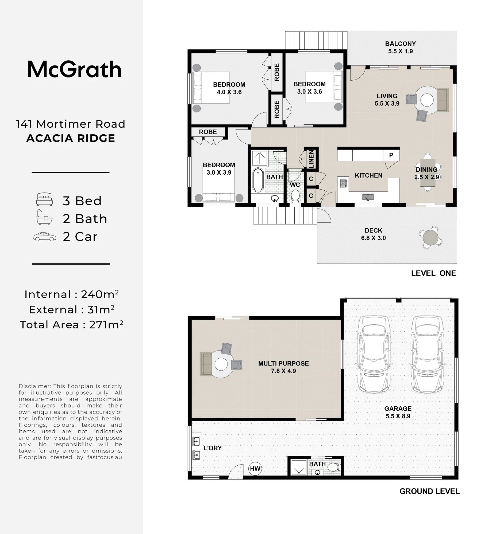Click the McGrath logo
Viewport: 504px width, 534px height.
point(75,70)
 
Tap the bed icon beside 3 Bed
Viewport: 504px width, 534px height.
point(44,199)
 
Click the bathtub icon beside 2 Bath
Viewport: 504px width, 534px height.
point(44,217)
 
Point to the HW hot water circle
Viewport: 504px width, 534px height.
point(255,469)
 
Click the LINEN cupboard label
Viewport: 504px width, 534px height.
point(311,159)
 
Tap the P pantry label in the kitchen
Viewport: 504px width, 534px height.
point(391,155)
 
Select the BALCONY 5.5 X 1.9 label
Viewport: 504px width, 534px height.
point(401,47)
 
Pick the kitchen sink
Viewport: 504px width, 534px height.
point(368,197)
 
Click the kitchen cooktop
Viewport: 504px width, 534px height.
point(343,183)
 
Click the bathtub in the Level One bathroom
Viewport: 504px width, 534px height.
point(258,180)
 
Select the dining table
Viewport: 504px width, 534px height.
point(427,172)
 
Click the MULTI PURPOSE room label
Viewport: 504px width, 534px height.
point(283,367)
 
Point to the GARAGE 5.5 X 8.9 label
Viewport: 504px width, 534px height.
point(398,412)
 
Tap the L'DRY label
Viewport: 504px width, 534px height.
point(213,448)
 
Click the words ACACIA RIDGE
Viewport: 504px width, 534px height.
point(71,138)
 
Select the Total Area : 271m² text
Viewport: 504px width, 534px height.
point(72,324)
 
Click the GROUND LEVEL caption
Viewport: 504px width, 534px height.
point(429,491)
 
